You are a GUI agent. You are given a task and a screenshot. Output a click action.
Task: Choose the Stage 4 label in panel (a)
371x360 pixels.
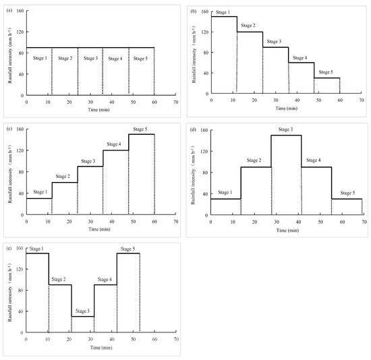pos(115,59)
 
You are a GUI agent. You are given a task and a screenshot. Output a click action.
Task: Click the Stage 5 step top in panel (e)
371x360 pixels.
pos(128,253)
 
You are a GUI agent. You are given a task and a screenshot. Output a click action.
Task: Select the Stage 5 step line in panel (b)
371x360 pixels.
pos(327,78)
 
